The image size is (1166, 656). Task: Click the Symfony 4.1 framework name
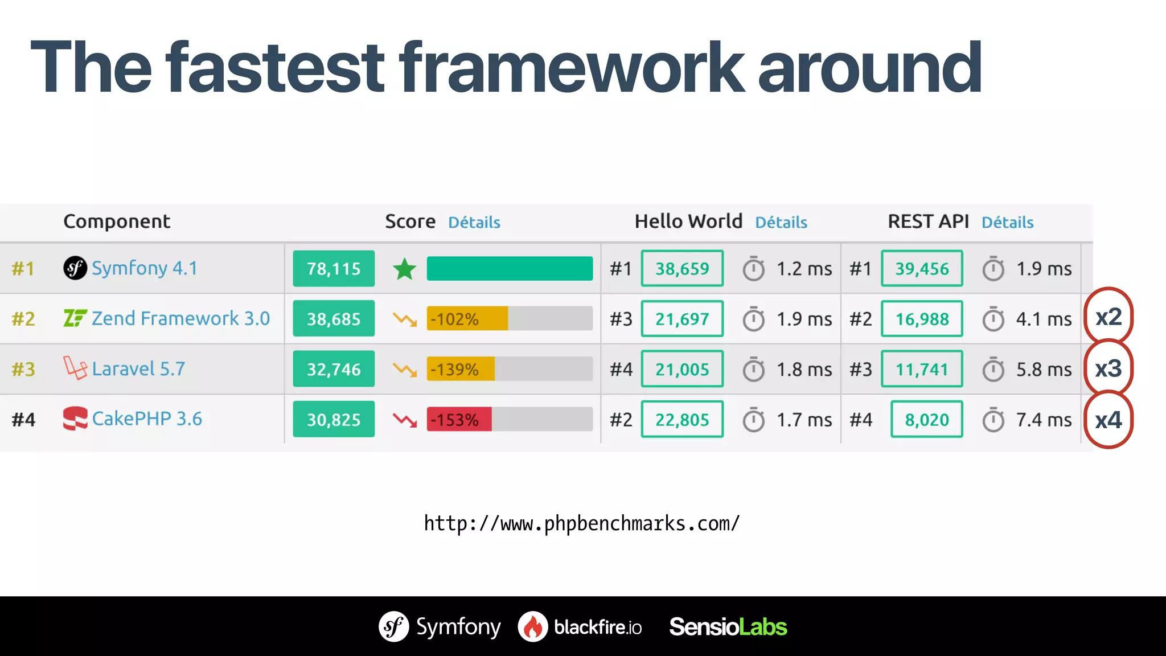point(144,268)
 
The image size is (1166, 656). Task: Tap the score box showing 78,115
point(334,269)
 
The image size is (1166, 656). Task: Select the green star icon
point(405,269)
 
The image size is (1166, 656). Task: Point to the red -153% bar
point(459,420)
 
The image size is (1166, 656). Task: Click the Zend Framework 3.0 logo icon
point(75,318)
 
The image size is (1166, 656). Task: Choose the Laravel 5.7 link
point(138,369)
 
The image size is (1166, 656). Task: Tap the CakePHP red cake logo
point(75,419)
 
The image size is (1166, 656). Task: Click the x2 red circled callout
point(1108,317)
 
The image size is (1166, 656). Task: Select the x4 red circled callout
point(1108,420)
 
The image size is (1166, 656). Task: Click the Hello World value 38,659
point(682,269)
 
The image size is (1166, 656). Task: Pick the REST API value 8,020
point(927,420)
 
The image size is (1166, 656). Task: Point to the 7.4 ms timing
point(1044,420)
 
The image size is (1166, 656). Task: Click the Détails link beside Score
point(474,222)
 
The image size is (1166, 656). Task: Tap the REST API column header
point(928,222)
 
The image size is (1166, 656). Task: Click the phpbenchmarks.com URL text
point(582,523)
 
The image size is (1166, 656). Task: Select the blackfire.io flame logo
point(533,626)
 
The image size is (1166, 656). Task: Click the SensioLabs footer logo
point(728,626)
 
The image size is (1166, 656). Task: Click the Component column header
point(117,222)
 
